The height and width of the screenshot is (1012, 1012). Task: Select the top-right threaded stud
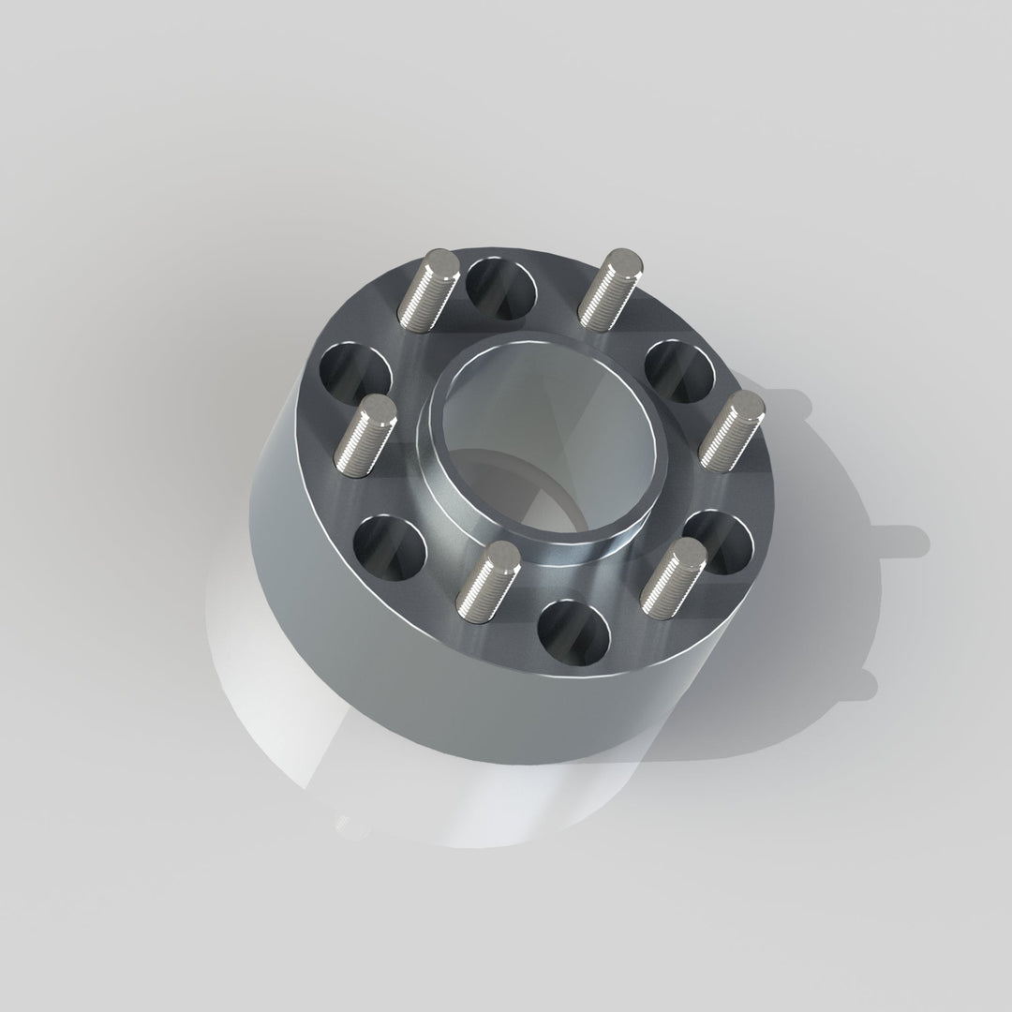click(608, 288)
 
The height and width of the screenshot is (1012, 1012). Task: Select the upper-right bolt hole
click(681, 370)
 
